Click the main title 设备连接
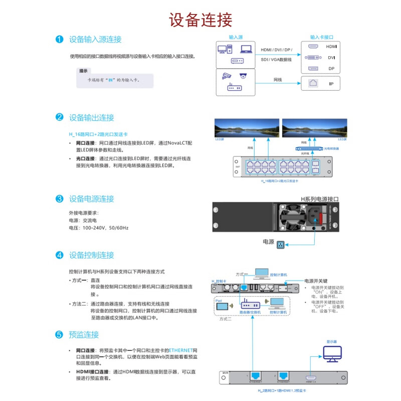pyautogui.click(x=200, y=20)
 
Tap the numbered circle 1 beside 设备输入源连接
pyautogui.click(x=59, y=39)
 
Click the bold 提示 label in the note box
pyautogui.click(x=84, y=71)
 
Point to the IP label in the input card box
pyautogui.click(x=331, y=83)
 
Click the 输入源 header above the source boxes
pyautogui.click(x=236, y=37)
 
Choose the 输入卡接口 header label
pyautogui.click(x=321, y=37)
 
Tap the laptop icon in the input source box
pyautogui.click(x=246, y=49)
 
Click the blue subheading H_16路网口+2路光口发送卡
pyautogui.click(x=98, y=134)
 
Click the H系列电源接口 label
pyautogui.click(x=319, y=199)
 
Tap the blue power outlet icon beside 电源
pyautogui.click(x=281, y=245)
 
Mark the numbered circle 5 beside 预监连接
pyautogui.click(x=59, y=334)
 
